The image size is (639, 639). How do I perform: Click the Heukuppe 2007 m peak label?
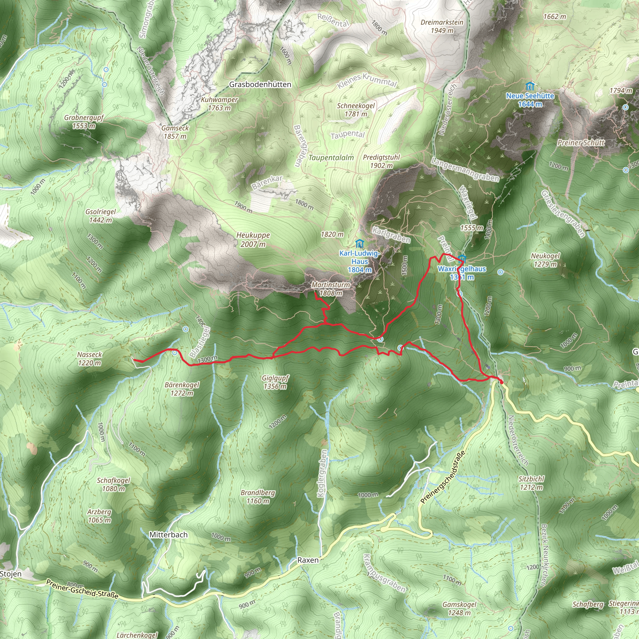253,240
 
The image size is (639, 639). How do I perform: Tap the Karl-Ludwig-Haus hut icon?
359,244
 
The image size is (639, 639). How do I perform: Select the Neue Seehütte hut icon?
530,87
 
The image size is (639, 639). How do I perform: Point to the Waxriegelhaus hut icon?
462,259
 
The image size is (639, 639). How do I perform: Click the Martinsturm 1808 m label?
330,289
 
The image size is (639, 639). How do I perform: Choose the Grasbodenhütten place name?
260,85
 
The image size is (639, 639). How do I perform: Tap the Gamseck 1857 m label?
175,132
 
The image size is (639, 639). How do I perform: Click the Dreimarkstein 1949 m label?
442,27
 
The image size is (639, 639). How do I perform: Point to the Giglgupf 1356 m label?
275,382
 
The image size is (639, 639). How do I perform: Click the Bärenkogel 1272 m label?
182,389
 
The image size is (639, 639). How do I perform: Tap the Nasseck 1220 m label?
90,359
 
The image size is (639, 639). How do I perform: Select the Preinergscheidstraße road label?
442,477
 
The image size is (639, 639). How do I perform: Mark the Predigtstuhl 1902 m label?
381,161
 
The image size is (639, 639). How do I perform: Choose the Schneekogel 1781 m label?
356,110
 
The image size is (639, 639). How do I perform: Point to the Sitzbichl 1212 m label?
531,483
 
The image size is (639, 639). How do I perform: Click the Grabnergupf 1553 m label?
84,122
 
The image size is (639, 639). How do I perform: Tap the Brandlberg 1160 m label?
258,497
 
